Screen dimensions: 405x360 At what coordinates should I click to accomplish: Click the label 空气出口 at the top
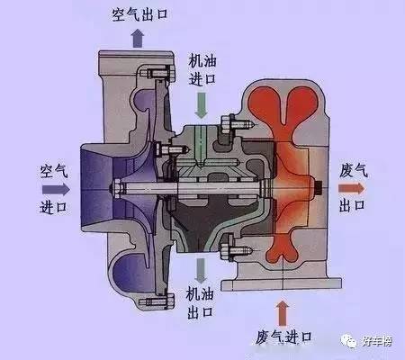[x=139, y=14]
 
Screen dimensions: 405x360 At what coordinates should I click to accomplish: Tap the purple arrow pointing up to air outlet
[x=138, y=38]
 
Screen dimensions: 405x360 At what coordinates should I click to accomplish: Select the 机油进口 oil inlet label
[x=202, y=70]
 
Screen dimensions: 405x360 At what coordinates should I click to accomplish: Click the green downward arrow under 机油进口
[x=202, y=105]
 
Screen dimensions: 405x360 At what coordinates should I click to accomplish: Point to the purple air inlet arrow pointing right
[x=56, y=189]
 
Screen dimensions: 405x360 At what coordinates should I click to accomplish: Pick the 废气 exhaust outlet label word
[x=354, y=171]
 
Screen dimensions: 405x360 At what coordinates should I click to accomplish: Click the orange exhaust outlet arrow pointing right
[x=351, y=188]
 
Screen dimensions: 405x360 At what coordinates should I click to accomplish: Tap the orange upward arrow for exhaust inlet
[x=282, y=312]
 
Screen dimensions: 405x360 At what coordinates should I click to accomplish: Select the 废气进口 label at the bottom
[x=283, y=337]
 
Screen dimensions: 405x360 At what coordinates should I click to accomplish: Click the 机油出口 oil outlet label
[x=200, y=302]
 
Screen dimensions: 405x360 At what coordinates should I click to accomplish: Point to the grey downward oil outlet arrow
[x=201, y=270]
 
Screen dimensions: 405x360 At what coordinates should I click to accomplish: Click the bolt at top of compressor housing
[x=157, y=74]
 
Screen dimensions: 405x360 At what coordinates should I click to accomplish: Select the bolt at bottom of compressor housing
[x=157, y=301]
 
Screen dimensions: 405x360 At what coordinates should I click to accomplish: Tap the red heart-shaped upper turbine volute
[x=283, y=103]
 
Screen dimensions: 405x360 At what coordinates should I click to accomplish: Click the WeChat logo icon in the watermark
[x=348, y=341]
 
